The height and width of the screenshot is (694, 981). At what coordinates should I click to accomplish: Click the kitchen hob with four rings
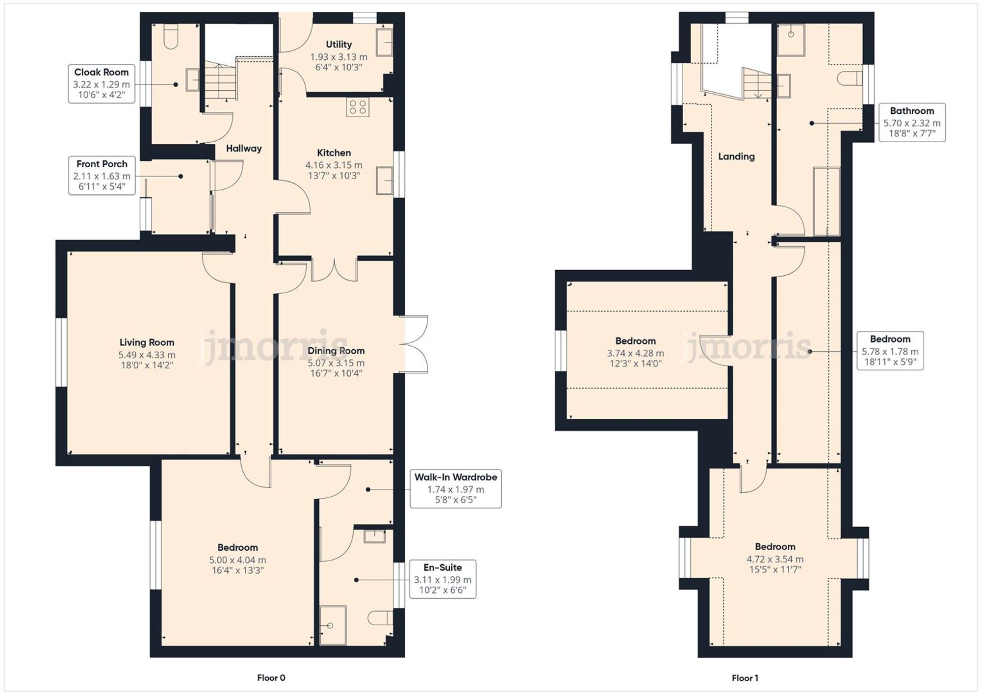pyautogui.click(x=358, y=107)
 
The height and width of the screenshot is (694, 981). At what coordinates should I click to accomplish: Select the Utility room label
pyautogui.click(x=338, y=45)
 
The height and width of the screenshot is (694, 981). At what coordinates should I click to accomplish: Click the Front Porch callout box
pyautogui.click(x=102, y=176)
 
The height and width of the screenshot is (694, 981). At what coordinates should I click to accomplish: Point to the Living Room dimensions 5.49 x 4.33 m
pyautogui.click(x=147, y=355)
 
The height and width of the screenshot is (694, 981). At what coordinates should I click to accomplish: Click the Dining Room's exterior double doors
pyautogui.click(x=415, y=344)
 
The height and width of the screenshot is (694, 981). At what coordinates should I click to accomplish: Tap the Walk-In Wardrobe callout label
pyautogui.click(x=455, y=488)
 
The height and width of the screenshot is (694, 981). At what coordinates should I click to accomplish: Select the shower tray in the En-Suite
pyautogui.click(x=333, y=625)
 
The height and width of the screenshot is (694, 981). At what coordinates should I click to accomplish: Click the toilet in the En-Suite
pyautogui.click(x=381, y=618)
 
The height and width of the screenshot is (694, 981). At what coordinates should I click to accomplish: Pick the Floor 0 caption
pyautogui.click(x=271, y=678)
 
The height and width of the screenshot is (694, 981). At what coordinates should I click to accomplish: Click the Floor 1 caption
pyautogui.click(x=745, y=678)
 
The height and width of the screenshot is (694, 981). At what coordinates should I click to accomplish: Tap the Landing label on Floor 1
pyautogui.click(x=736, y=156)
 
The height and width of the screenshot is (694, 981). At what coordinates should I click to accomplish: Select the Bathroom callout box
pyautogui.click(x=911, y=123)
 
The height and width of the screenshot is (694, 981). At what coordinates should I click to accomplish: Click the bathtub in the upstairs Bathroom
pyautogui.click(x=826, y=201)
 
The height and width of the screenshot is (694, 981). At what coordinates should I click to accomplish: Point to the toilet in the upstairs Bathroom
pyautogui.click(x=851, y=78)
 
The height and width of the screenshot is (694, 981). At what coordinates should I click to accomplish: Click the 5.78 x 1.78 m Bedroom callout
pyautogui.click(x=890, y=351)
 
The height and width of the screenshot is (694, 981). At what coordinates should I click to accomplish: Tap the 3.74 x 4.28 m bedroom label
pyautogui.click(x=635, y=352)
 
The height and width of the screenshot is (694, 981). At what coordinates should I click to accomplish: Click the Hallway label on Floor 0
pyautogui.click(x=244, y=149)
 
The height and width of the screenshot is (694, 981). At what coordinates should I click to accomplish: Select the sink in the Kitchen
pyautogui.click(x=385, y=181)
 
